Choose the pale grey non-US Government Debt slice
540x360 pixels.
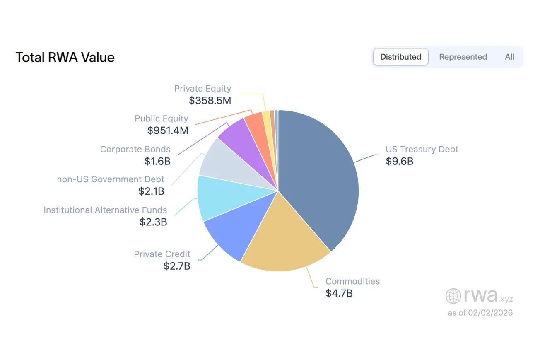(224, 164)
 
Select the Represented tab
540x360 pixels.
(463, 57)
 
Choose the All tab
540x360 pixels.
(509, 57)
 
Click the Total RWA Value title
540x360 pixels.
(65, 57)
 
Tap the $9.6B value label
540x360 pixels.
(399, 161)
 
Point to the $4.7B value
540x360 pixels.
(339, 293)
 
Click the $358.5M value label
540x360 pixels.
(210, 100)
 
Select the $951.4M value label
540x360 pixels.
(168, 130)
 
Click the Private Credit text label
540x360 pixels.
(162, 254)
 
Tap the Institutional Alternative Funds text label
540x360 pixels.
(105, 210)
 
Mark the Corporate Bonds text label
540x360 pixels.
(135, 149)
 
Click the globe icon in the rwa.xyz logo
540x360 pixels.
(453, 296)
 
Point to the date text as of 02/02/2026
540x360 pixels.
(480, 313)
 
